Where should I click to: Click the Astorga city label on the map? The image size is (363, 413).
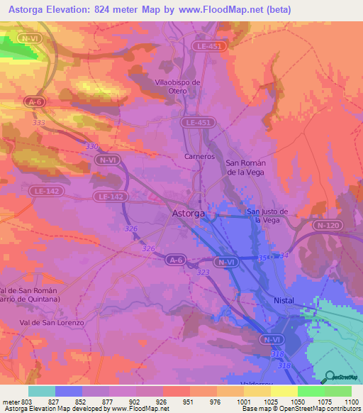[x=189, y=213]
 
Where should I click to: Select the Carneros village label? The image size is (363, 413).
[x=199, y=156]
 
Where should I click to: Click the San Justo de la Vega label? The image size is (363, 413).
[x=267, y=215]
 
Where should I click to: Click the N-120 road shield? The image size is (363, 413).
[x=328, y=225]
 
